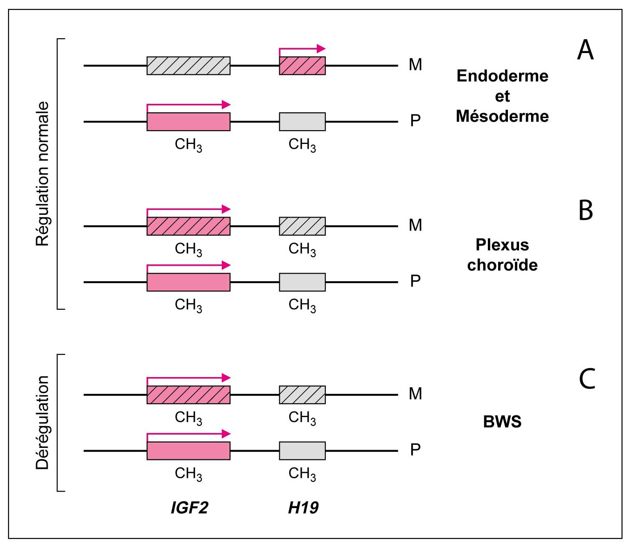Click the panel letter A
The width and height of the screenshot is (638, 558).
coord(585,49)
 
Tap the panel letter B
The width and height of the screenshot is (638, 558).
coord(586,210)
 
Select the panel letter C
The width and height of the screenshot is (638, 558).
coord(587,379)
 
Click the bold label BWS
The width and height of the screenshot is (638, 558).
coord(502,422)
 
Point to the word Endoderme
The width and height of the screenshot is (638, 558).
coord(502,76)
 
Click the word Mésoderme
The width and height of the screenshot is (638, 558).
coord(502,116)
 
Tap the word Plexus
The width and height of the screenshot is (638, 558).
coord(502,245)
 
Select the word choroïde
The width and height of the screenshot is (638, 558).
coord(502,265)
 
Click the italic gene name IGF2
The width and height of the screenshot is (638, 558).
coord(189,508)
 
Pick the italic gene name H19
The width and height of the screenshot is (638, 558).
coord(303,508)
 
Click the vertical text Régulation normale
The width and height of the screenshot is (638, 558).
coord(43,174)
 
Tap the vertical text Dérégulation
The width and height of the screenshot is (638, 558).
coord(43,423)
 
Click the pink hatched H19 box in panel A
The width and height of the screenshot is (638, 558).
coord(302,66)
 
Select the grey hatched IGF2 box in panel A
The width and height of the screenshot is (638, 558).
coord(188,66)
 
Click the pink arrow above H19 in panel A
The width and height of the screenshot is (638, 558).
coord(302,49)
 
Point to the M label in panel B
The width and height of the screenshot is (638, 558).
coord(415,226)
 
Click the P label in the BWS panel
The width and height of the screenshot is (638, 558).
coord(415,450)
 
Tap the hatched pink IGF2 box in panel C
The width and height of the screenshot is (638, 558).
coord(188,395)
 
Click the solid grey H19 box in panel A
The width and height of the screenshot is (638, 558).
coord(302,122)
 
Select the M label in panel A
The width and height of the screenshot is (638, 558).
coord(415,65)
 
